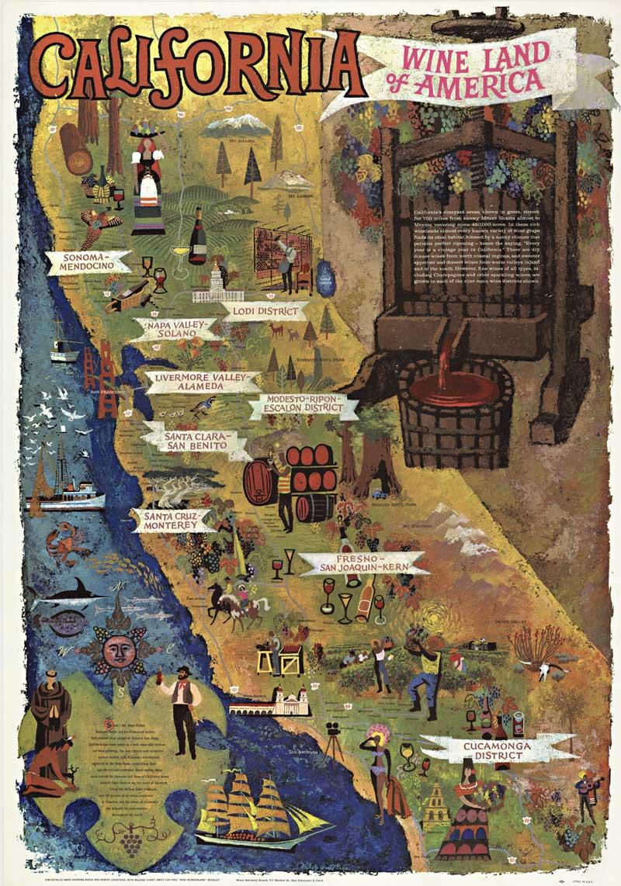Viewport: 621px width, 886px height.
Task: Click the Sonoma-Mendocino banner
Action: click(x=87, y=261)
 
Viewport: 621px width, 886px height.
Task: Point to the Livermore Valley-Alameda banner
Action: click(x=201, y=382)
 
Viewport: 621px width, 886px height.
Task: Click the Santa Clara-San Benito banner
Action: click(x=196, y=441)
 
